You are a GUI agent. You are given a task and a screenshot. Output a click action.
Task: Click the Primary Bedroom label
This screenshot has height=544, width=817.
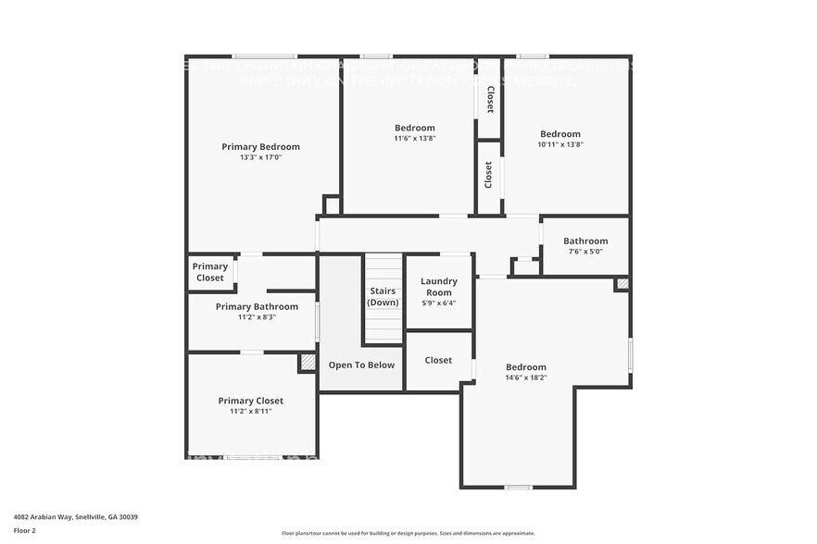click(x=260, y=146)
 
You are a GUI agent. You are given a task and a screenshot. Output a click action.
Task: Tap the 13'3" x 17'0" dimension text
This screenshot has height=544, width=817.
click(x=260, y=157)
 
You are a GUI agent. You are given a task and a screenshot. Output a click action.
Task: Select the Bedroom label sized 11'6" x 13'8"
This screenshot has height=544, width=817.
click(x=414, y=128)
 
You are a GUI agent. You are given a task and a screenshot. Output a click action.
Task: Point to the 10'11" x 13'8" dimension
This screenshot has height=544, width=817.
click(x=559, y=145)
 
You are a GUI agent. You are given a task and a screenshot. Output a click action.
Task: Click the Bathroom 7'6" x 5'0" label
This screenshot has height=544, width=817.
click(x=585, y=241)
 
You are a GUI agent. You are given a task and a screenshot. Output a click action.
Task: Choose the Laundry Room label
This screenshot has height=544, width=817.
click(x=438, y=287)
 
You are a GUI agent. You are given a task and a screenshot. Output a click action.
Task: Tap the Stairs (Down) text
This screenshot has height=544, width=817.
click(x=383, y=297)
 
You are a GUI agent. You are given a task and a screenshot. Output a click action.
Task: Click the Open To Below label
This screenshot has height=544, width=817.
click(x=361, y=365)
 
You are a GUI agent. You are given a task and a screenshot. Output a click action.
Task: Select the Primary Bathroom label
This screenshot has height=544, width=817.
click(x=257, y=306)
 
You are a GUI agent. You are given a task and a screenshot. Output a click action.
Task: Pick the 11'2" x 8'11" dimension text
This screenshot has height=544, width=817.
click(x=250, y=412)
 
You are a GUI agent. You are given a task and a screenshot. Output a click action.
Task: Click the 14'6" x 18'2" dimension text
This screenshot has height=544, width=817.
click(x=525, y=377)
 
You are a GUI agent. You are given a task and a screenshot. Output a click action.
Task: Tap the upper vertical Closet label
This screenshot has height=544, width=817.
click(x=489, y=99)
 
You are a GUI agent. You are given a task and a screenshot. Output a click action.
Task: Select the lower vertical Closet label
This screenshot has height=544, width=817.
click(x=489, y=175)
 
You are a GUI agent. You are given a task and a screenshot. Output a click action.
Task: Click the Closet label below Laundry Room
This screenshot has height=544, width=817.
click(x=438, y=360)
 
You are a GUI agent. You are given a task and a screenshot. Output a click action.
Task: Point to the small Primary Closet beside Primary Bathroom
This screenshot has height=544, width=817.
click(x=210, y=272)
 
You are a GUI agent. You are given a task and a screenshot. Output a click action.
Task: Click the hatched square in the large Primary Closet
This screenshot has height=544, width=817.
click(x=308, y=364)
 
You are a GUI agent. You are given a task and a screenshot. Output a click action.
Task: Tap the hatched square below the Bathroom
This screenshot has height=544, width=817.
click(x=622, y=284)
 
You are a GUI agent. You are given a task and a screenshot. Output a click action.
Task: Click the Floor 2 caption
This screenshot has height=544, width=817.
click(x=25, y=530)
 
